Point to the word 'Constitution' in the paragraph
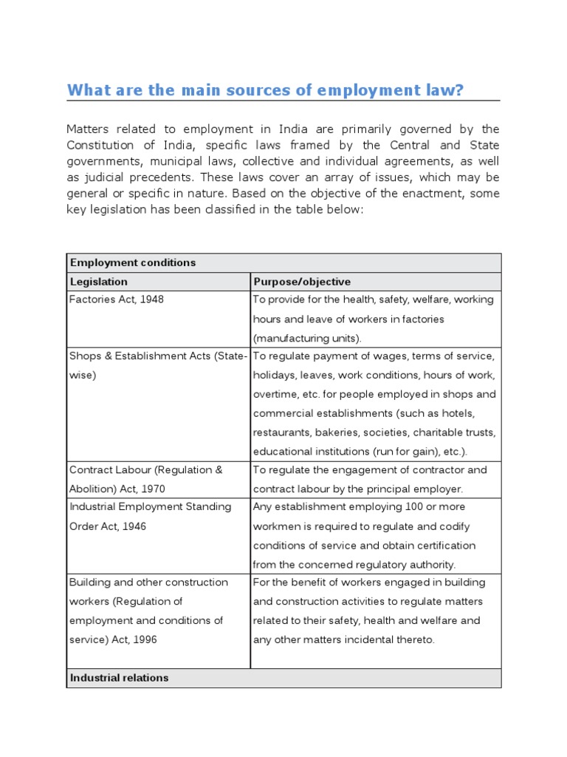coord(101,145)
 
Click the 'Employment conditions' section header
coord(133,262)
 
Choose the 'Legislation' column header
coord(99,282)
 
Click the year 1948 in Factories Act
coord(151,300)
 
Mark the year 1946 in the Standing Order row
coord(134,526)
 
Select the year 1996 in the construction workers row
coord(143,639)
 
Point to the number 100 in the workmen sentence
coord(414,507)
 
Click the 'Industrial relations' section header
coord(119,678)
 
